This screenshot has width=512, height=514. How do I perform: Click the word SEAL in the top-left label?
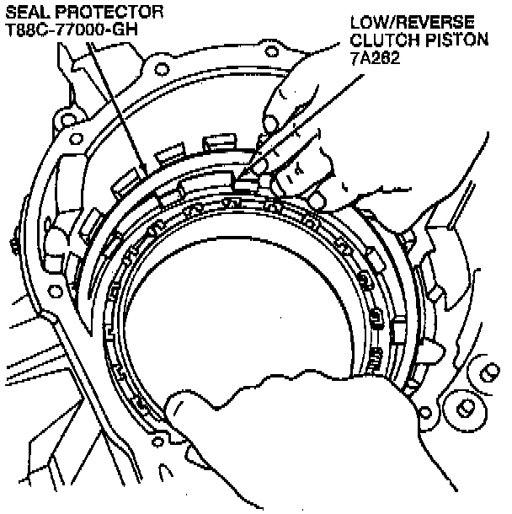pyautogui.click(x=27, y=13)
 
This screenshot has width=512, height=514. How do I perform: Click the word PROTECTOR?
pyautogui.click(x=109, y=13)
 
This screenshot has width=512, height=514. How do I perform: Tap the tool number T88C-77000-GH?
pyautogui.click(x=72, y=29)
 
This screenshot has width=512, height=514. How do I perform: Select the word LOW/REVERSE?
pyautogui.click(x=413, y=22)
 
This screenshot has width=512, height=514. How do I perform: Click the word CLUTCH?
pyautogui.click(x=385, y=40)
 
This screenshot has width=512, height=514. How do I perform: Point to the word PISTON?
pyautogui.click(x=456, y=40)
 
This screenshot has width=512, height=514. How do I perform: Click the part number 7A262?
pyautogui.click(x=375, y=57)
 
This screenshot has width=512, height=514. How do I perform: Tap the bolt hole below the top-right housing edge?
pyautogui.click(x=271, y=51)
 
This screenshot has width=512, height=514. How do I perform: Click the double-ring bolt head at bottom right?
pyautogui.click(x=466, y=409)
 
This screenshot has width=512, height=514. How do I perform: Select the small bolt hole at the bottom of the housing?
pyautogui.click(x=157, y=442)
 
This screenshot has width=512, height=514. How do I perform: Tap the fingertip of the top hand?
pyautogui.click(x=270, y=125)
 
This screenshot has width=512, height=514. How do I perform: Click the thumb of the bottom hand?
pyautogui.click(x=179, y=408)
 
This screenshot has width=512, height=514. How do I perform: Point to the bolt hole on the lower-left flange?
pyautogui.click(x=55, y=291)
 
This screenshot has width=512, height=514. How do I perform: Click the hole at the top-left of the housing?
pyautogui.click(x=162, y=69)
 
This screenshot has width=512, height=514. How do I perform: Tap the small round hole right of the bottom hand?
pyautogui.click(x=425, y=413)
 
